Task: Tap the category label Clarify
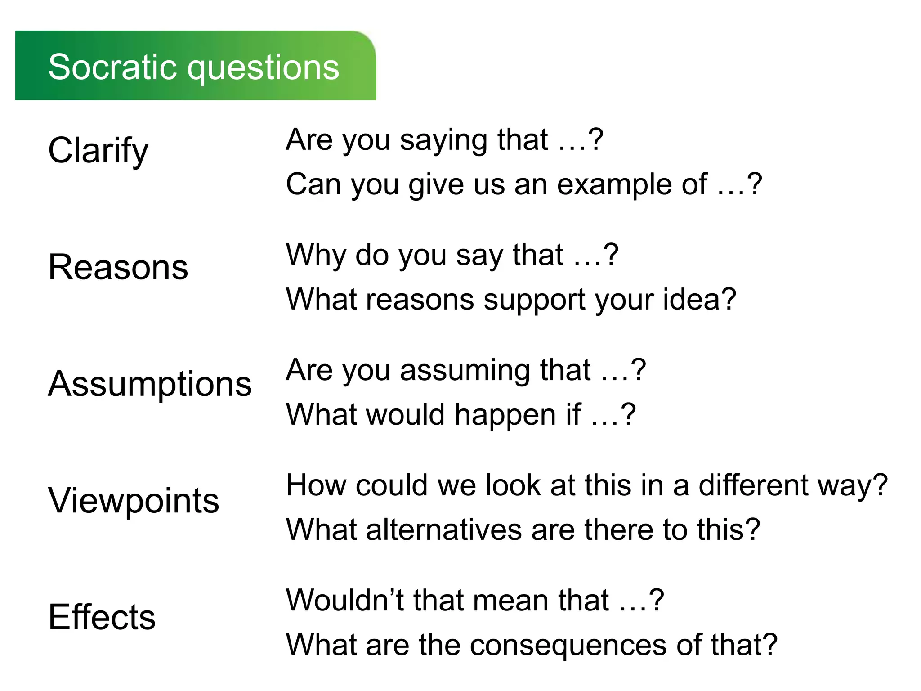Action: tap(98, 151)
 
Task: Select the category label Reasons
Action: tap(118, 267)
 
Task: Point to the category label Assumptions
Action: tap(150, 384)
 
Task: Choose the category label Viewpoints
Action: tap(134, 500)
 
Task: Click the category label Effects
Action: tap(102, 617)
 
